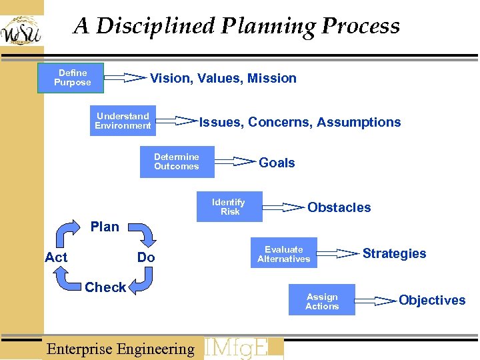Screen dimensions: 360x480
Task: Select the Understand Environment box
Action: (x=123, y=121)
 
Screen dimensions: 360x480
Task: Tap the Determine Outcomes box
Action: (x=177, y=162)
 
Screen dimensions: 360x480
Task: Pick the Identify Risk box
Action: (x=229, y=207)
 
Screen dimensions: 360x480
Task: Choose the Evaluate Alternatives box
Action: (x=284, y=254)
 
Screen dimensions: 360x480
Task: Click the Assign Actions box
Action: (x=322, y=301)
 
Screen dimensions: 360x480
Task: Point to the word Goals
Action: (x=277, y=163)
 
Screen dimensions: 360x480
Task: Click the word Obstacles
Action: (x=339, y=207)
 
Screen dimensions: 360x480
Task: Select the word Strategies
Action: (x=394, y=253)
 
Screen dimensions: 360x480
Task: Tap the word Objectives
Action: (x=432, y=300)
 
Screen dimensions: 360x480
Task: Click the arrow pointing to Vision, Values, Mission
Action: (x=125, y=77)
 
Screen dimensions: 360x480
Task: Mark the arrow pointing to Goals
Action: (x=235, y=161)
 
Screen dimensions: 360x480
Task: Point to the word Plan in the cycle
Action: (x=105, y=227)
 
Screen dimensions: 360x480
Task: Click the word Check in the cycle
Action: (x=105, y=287)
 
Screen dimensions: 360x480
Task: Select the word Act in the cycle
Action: (x=56, y=257)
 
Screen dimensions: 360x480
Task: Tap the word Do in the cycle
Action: (x=146, y=257)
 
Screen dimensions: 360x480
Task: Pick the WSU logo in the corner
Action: (x=21, y=30)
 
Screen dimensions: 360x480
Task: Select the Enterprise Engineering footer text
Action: (x=120, y=349)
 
